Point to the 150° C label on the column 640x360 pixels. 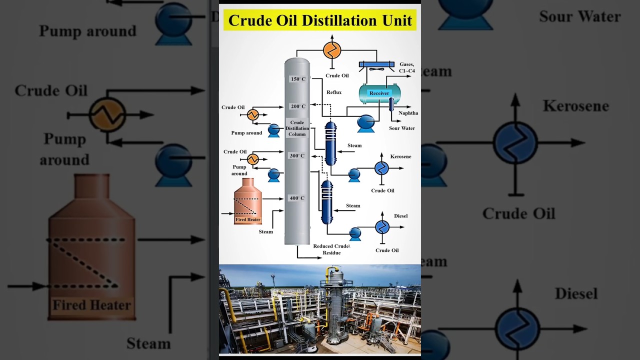click(x=298, y=79)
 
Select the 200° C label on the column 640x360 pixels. click(x=298, y=106)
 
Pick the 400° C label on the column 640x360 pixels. click(x=297, y=198)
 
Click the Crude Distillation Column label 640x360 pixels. click(x=297, y=128)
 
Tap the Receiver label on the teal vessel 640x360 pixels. click(x=379, y=93)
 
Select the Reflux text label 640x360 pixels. click(x=334, y=92)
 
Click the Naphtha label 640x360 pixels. click(x=408, y=113)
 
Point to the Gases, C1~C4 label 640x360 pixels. click(x=406, y=67)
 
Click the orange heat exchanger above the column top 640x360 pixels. click(x=332, y=50)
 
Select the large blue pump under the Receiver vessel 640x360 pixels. click(x=366, y=123)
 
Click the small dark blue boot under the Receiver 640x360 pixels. click(x=391, y=103)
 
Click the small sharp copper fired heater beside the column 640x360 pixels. click(x=247, y=201)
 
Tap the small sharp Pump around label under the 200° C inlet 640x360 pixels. click(x=246, y=133)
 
